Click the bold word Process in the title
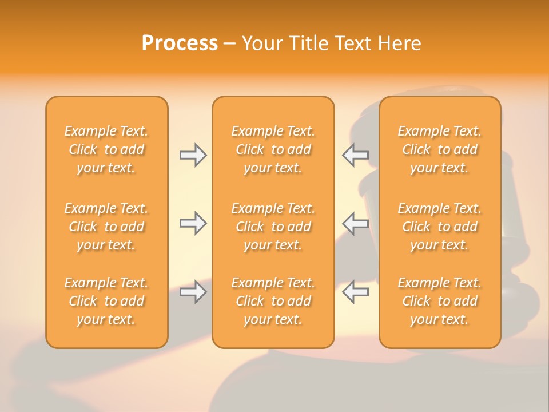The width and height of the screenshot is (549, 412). point(180,43)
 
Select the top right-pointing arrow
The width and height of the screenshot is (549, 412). point(193,155)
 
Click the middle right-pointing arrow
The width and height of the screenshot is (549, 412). point(193,224)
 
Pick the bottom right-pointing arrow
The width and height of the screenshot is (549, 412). point(193,292)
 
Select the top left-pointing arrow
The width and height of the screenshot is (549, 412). point(356,155)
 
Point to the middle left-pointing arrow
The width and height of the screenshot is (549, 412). point(356,224)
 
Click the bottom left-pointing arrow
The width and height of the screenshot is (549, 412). point(356,292)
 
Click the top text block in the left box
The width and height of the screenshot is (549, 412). point(106,149)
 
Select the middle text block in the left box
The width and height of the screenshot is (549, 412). point(106,227)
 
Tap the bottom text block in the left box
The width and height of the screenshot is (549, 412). point(106,301)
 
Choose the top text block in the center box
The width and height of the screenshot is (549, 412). point(273,149)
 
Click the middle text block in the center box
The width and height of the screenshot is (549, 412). point(273,227)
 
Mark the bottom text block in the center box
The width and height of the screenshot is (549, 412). point(273,301)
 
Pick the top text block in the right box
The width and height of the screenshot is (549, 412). point(440,149)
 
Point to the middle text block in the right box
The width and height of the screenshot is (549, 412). point(440,227)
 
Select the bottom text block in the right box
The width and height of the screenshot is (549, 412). point(440,301)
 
